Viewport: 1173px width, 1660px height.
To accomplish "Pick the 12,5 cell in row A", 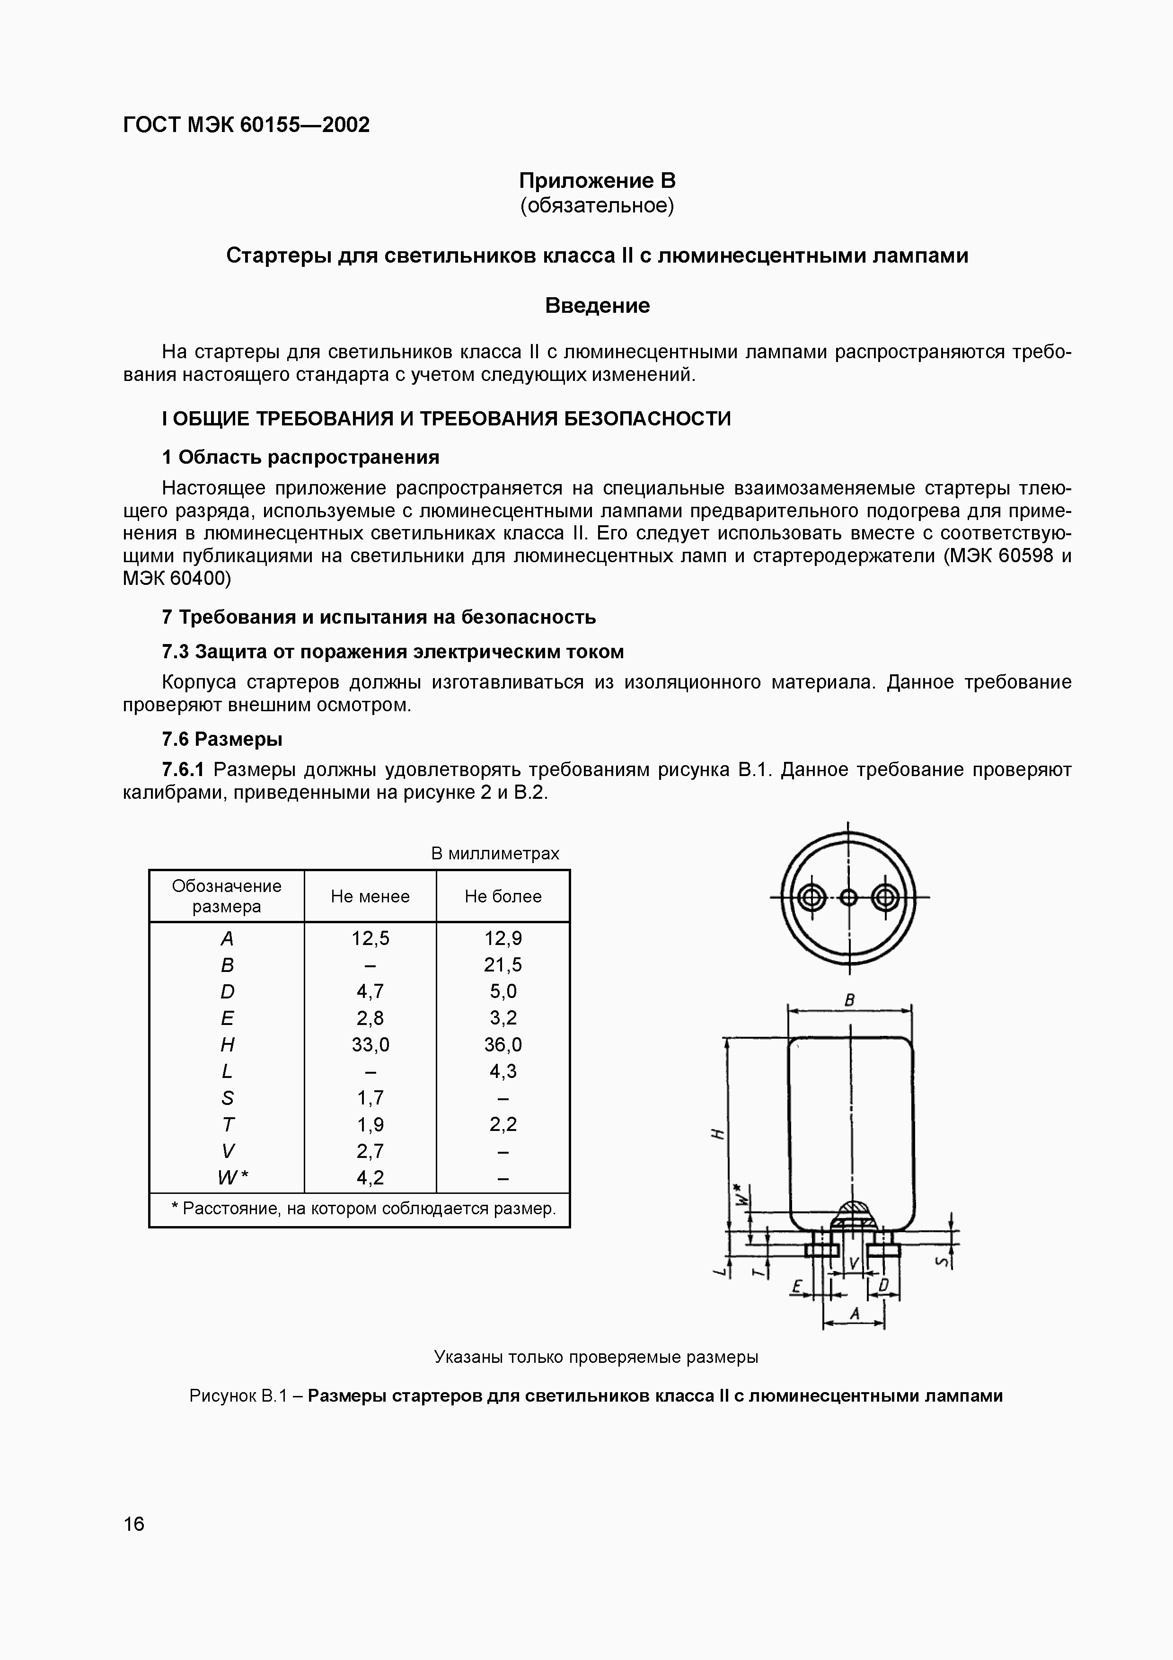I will (x=370, y=938).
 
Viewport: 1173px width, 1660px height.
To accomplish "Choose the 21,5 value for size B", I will (x=503, y=964).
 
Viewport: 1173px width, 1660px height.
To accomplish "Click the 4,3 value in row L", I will (x=503, y=1071).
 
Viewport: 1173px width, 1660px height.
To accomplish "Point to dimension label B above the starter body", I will (x=850, y=1000).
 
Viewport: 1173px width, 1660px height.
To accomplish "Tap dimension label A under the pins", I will (x=854, y=1313).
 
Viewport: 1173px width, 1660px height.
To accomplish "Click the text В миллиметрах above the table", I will (x=495, y=853).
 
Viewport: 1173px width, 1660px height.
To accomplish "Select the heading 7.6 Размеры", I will (x=222, y=739).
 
